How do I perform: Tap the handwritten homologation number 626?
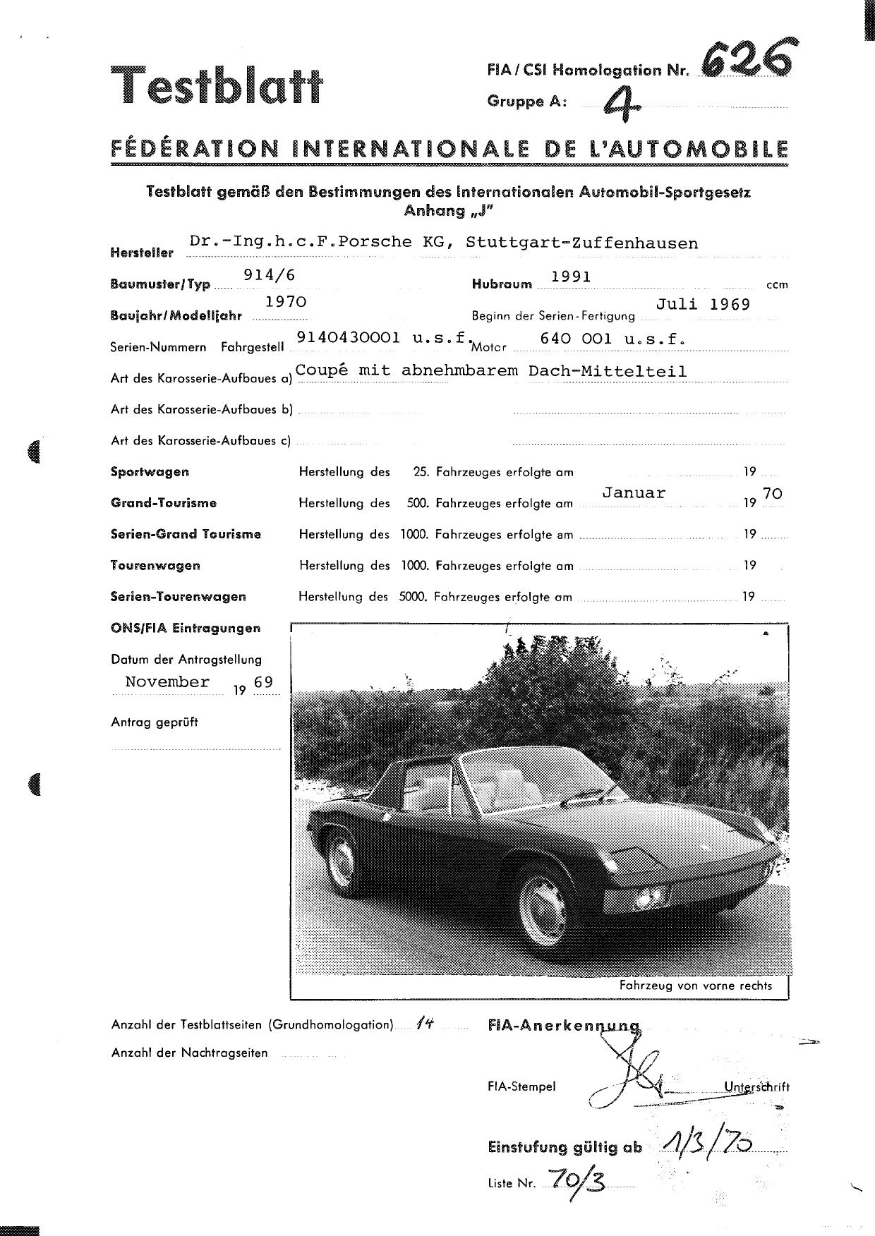coord(746,58)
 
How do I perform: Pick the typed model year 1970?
coord(285,302)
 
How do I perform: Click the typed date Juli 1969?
coord(703,304)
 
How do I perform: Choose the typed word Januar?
coord(633,493)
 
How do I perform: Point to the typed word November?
coord(167,681)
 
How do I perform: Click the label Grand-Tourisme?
coord(164,503)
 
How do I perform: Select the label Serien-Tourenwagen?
coord(179,596)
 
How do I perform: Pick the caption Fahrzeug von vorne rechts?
coord(695,986)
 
